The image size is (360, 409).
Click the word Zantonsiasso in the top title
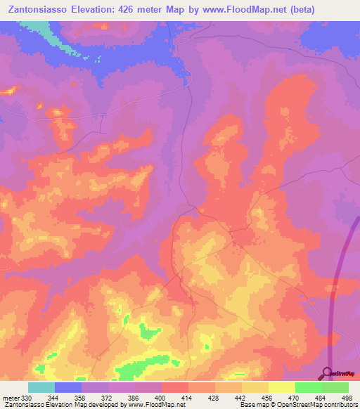[44, 9]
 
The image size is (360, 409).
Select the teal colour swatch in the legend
[41, 387]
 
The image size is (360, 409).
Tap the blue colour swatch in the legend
[67, 387]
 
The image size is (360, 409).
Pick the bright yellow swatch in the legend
[281, 387]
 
